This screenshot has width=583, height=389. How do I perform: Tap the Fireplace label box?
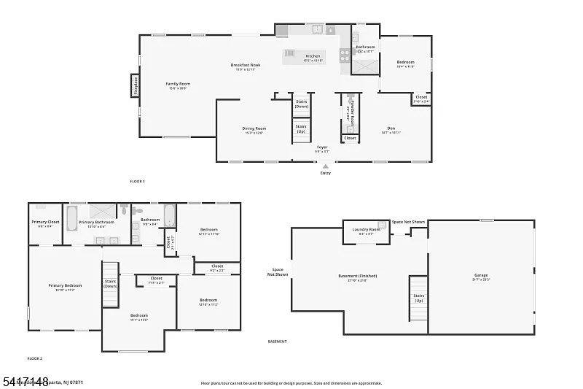click(x=136, y=85)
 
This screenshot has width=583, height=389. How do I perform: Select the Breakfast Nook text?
click(x=245, y=66)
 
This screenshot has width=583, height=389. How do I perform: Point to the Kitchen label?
click(x=313, y=57)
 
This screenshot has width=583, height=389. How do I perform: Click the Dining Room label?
click(x=254, y=129)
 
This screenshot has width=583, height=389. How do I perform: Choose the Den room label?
click(x=391, y=129)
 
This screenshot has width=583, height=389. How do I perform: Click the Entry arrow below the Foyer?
click(x=325, y=166)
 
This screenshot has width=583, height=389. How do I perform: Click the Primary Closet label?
click(x=45, y=223)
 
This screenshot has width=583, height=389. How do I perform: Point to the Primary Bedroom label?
click(x=65, y=286)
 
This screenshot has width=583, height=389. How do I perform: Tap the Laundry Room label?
click(x=366, y=230)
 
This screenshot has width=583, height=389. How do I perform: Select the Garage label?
click(x=481, y=276)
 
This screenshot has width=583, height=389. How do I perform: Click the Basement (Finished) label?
click(x=357, y=277)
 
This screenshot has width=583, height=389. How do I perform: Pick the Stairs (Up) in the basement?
click(x=418, y=298)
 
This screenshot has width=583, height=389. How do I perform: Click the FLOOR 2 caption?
click(x=35, y=358)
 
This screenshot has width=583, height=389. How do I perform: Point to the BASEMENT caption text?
click(x=277, y=342)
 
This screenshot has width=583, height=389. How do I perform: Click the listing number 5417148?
click(x=26, y=382)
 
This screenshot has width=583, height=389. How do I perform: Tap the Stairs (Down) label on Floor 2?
click(x=110, y=283)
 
